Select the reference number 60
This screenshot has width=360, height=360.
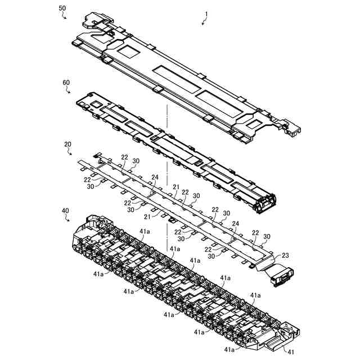click(66, 82)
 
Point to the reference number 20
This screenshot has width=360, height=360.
click(67, 144)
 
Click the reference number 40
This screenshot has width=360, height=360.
click(66, 211)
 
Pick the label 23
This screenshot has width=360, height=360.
click(286, 255)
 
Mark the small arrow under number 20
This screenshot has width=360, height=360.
click(70, 152)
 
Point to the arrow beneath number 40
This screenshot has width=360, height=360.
click(69, 219)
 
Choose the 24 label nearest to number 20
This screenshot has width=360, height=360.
click(155, 178)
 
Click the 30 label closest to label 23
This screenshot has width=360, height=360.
click(267, 236)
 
